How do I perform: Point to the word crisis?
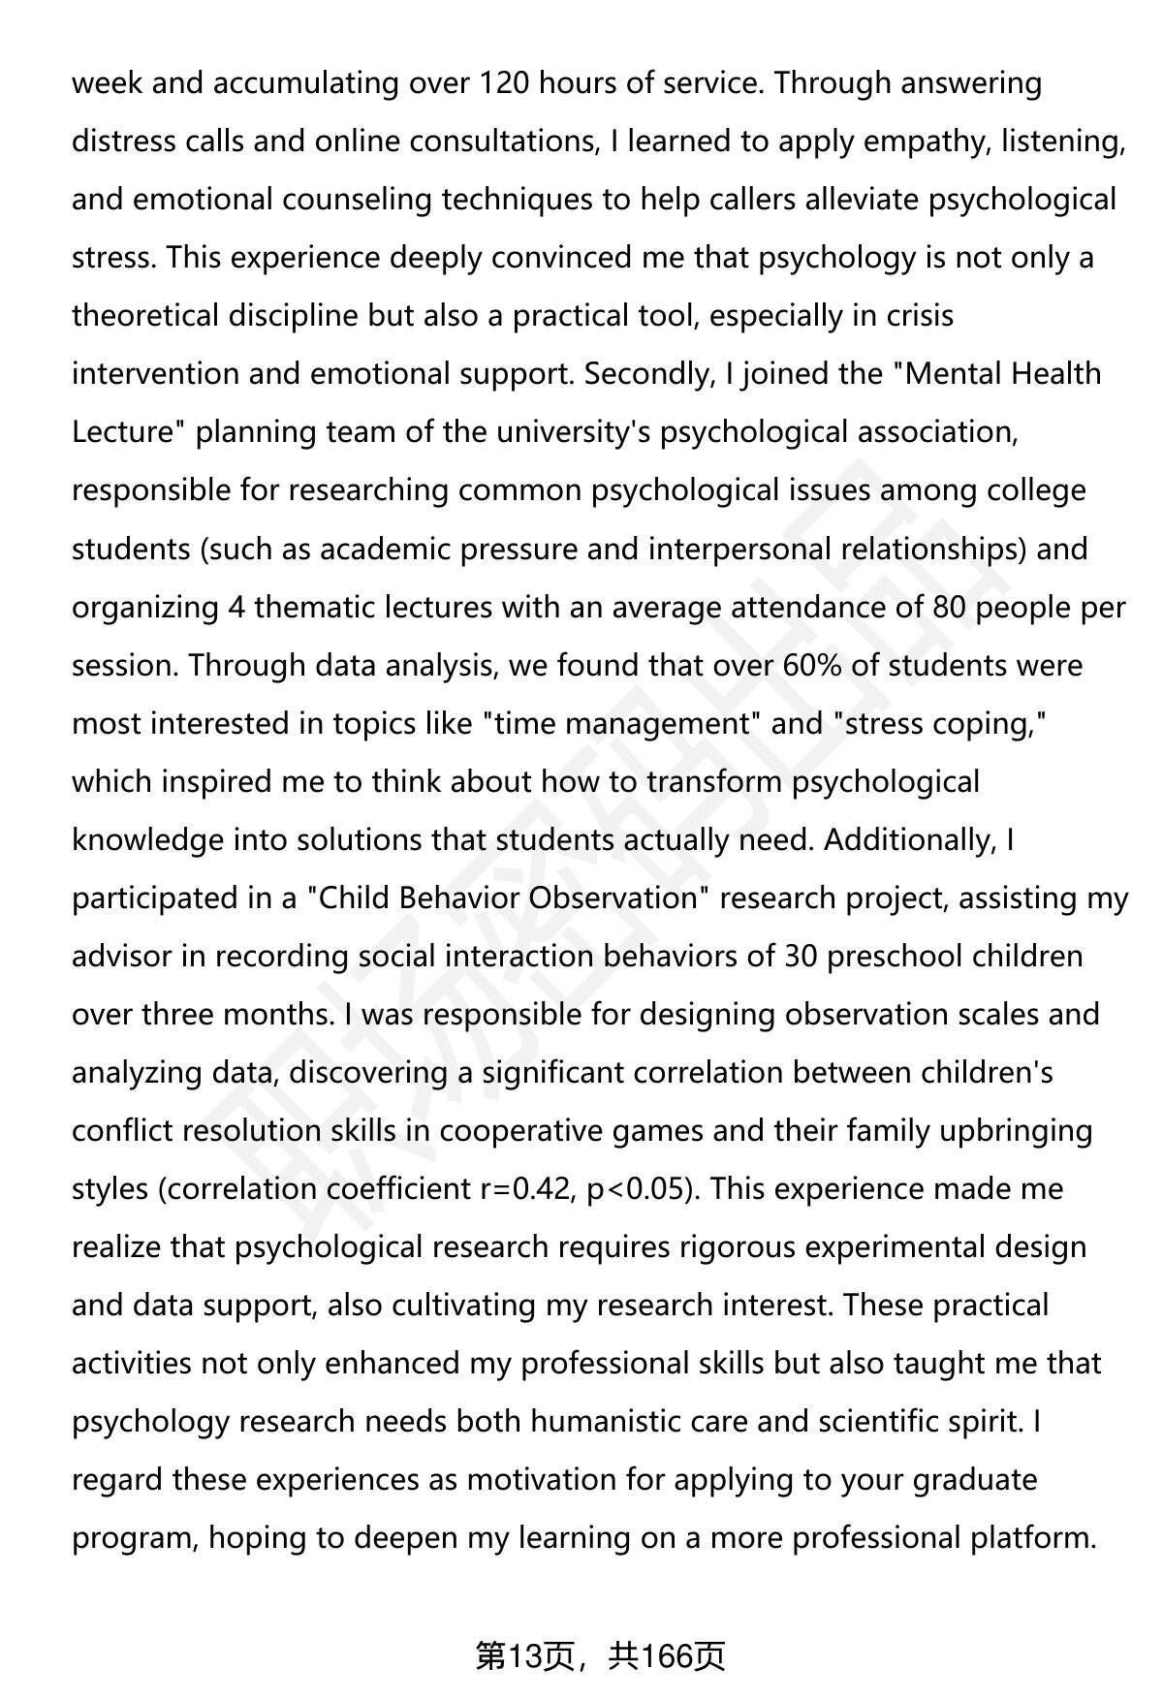(x=920, y=316)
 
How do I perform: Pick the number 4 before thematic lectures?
(x=236, y=608)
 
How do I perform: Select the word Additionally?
(x=907, y=840)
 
